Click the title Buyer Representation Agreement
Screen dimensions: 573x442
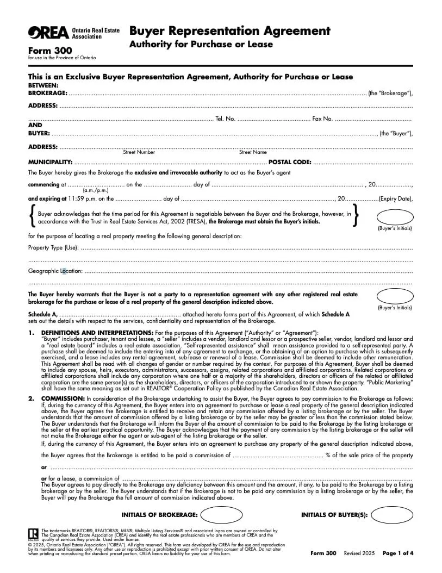click(229, 30)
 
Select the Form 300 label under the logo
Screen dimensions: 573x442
click(46, 51)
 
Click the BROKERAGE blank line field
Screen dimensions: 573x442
click(217, 94)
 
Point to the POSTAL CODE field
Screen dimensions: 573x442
click(363, 162)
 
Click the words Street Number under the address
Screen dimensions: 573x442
click(139, 152)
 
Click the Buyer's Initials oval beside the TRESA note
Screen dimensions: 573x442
click(395, 215)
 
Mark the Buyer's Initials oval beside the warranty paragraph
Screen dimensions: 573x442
click(395, 296)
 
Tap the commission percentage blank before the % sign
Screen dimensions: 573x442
click(277, 455)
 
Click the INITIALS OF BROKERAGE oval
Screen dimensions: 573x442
click(222, 515)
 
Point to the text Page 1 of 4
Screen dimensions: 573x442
click(398, 553)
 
